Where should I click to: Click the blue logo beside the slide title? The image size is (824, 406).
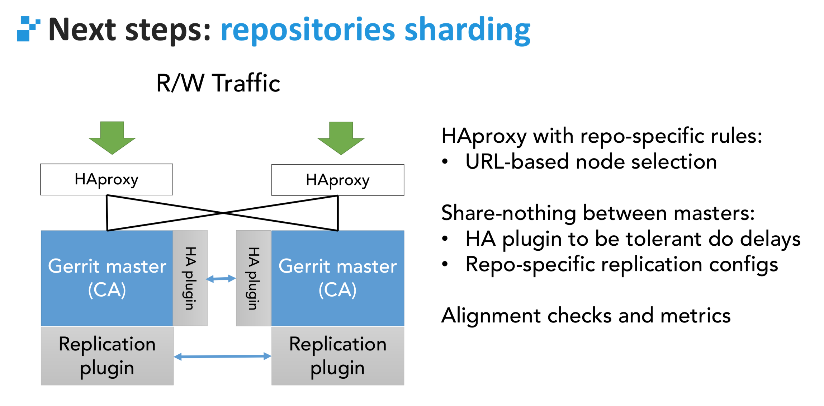pyautogui.click(x=28, y=29)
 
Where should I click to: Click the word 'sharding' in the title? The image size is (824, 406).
pyautogui.click(x=467, y=30)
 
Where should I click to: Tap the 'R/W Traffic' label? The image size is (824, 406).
pyautogui.click(x=218, y=83)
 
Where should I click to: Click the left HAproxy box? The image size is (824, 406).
pyautogui.click(x=106, y=179)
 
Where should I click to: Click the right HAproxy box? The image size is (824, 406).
pyautogui.click(x=338, y=180)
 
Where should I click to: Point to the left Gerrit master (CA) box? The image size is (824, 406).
pyautogui.click(x=107, y=278)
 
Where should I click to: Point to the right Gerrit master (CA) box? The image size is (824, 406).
pyautogui.click(x=338, y=278)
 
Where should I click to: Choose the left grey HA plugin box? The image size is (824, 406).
pyautogui.click(x=190, y=278)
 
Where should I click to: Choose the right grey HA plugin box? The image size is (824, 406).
pyautogui.click(x=254, y=278)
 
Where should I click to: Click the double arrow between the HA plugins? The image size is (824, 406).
pyautogui.click(x=221, y=279)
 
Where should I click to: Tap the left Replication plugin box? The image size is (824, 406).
pyautogui.click(x=107, y=356)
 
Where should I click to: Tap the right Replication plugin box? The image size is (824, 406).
pyautogui.click(x=338, y=356)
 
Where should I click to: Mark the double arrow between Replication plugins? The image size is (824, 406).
pyautogui.click(x=222, y=357)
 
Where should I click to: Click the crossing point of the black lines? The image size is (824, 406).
pyautogui.click(x=223, y=213)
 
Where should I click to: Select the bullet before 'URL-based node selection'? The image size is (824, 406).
pyautogui.click(x=445, y=162)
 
